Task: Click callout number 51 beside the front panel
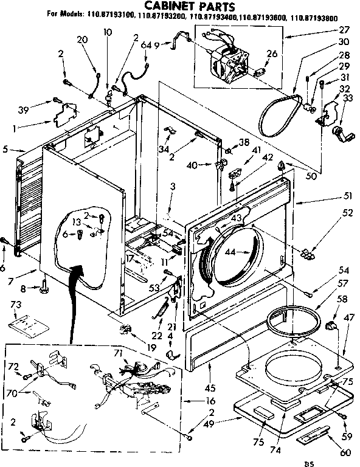tap(331, 196)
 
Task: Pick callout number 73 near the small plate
tap(16, 303)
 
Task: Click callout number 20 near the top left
tap(82, 40)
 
